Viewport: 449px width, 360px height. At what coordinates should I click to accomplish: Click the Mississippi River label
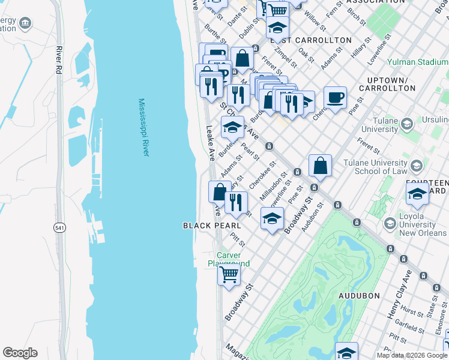[x=143, y=128]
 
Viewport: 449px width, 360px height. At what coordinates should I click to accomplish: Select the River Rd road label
[x=59, y=58]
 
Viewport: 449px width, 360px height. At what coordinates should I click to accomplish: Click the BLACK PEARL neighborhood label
[x=212, y=226]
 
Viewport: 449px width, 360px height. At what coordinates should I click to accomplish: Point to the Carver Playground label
[x=228, y=259]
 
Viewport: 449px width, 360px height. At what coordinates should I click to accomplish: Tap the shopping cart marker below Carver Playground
[x=229, y=274]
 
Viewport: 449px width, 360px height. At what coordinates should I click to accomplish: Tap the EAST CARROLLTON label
[x=310, y=40]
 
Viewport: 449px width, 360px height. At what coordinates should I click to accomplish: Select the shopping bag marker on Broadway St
[x=321, y=166]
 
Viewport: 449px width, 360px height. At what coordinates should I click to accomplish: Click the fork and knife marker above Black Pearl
[x=236, y=202]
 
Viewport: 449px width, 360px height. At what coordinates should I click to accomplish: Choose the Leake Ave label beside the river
[x=211, y=143]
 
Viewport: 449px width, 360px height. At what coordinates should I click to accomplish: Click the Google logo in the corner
[x=20, y=353]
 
